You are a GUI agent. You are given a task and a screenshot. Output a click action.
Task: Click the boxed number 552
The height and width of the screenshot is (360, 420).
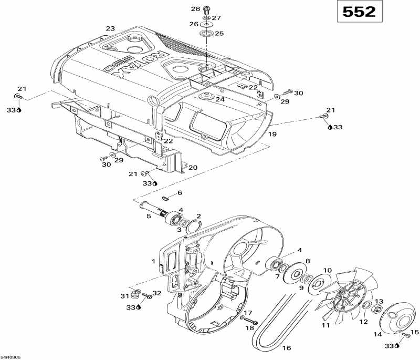pos(360,12)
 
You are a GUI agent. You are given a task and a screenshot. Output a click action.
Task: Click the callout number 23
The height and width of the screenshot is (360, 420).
pos(110,28)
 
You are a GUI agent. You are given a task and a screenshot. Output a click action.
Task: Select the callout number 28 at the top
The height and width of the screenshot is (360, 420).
pos(195,9)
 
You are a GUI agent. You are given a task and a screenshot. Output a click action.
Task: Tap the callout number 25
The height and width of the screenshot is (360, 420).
pos(219,34)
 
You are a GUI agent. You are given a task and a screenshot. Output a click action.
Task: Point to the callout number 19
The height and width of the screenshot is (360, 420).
pos(272,135)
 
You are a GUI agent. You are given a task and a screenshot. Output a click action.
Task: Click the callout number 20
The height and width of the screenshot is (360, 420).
pos(193,168)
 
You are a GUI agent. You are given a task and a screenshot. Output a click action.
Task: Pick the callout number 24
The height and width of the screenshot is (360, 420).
pos(219,99)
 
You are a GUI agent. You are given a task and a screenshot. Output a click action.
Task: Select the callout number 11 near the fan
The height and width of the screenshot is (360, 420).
pos(325,326)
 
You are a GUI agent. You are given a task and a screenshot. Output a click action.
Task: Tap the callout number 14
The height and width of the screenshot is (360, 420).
pos(377,334)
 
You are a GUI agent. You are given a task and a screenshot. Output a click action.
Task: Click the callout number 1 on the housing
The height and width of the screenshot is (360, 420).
pos(154,261)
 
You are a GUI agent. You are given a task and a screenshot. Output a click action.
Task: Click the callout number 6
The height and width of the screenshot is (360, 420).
pos(180,193)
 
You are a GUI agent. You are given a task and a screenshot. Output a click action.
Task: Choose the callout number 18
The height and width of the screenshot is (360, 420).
pos(249,328)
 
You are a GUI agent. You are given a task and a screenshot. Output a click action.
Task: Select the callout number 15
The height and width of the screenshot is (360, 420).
pos(415,332)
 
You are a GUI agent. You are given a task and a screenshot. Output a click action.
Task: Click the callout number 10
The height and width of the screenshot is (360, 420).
pos(327,270)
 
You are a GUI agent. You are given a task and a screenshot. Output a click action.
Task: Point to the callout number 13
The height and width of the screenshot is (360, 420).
pos(379,301)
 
